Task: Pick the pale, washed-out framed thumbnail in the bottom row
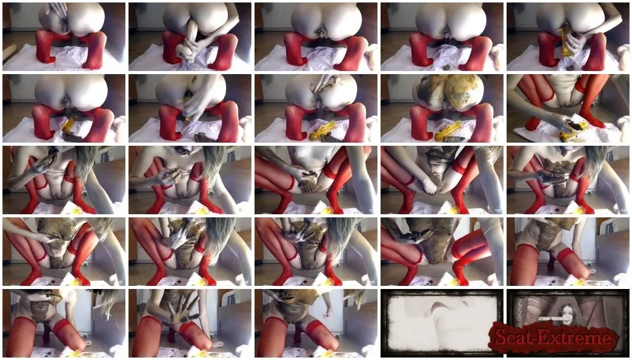pos(442,323)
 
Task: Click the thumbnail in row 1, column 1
pos(64,36)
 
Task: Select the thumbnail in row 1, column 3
pos(316,36)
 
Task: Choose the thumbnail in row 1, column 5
pos(568,36)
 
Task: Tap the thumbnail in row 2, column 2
pos(190,108)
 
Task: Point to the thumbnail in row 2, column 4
pos(442,108)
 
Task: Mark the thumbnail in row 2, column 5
pos(568,108)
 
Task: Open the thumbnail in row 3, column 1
pos(64,180)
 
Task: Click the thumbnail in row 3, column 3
pos(316,180)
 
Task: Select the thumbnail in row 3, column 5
pos(568,180)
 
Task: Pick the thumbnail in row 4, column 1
pos(64,252)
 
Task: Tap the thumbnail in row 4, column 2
pos(190,252)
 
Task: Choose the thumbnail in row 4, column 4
pos(442,252)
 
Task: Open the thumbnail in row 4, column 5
pos(568,252)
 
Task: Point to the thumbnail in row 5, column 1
pos(64,324)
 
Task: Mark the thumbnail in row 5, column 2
pos(190,324)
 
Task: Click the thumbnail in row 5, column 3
pos(316,324)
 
